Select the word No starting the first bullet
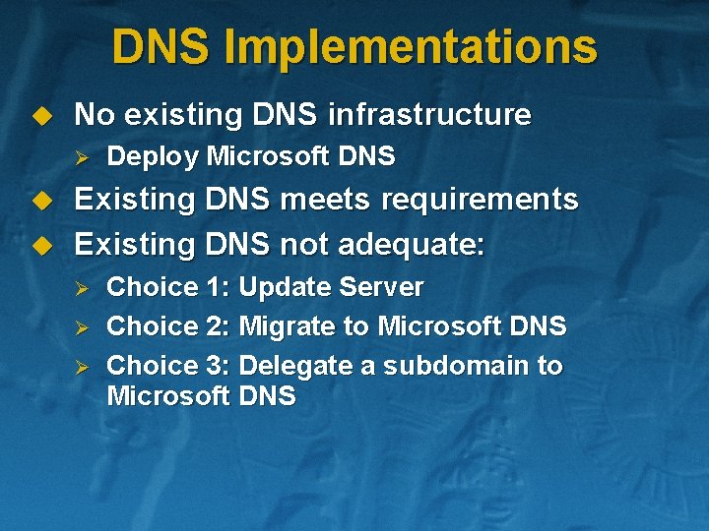tap(95, 115)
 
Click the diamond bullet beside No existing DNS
tap(41, 116)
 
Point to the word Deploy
tap(152, 156)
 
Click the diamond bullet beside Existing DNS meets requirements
tap(41, 201)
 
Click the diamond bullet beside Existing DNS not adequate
tap(41, 243)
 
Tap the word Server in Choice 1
tap(381, 287)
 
